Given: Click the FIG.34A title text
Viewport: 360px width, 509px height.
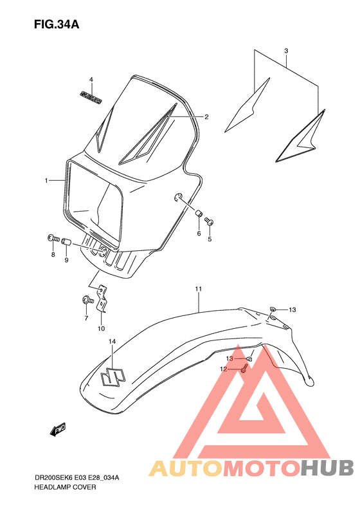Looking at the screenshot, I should [x=57, y=25].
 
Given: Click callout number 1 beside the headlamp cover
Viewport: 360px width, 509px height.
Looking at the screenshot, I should [x=46, y=181].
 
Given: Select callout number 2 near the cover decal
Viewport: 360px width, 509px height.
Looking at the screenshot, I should [x=206, y=117].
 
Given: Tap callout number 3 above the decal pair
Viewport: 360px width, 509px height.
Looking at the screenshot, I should [x=286, y=51].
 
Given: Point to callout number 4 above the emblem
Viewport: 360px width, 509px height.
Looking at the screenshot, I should [x=91, y=80].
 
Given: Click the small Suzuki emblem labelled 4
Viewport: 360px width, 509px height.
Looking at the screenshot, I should [x=91, y=97].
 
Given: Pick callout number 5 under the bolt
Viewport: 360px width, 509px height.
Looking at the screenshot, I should [x=209, y=240].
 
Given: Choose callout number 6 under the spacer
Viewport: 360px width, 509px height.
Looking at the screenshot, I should [x=199, y=234].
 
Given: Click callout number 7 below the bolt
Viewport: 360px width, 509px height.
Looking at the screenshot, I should [x=85, y=317].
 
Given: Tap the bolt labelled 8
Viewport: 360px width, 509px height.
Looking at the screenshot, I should [x=52, y=239].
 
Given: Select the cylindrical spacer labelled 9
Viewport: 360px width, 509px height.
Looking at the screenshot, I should [x=65, y=242].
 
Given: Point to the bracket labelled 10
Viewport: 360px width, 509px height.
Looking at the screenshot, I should [x=100, y=302].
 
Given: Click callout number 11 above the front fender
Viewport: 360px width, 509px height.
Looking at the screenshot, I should [x=199, y=290].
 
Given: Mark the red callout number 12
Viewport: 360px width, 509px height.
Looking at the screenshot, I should [x=224, y=369].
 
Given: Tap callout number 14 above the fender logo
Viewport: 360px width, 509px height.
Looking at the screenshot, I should [x=111, y=340].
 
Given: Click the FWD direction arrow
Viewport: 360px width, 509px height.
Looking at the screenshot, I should [x=58, y=429].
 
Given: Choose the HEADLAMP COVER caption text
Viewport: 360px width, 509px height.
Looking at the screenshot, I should [x=65, y=487].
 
